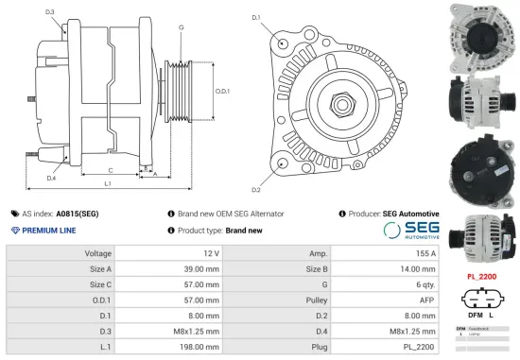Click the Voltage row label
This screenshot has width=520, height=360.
click(98, 254)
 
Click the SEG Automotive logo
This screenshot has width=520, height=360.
click(410, 229)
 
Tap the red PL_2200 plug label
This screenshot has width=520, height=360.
click(482, 276)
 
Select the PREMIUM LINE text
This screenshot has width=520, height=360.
click(47, 230)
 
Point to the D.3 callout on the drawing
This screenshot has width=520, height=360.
click(49, 12)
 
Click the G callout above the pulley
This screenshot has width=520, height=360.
click(181, 27)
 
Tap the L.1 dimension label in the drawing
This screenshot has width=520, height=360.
click(107, 182)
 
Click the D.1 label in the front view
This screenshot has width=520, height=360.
click(256, 18)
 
